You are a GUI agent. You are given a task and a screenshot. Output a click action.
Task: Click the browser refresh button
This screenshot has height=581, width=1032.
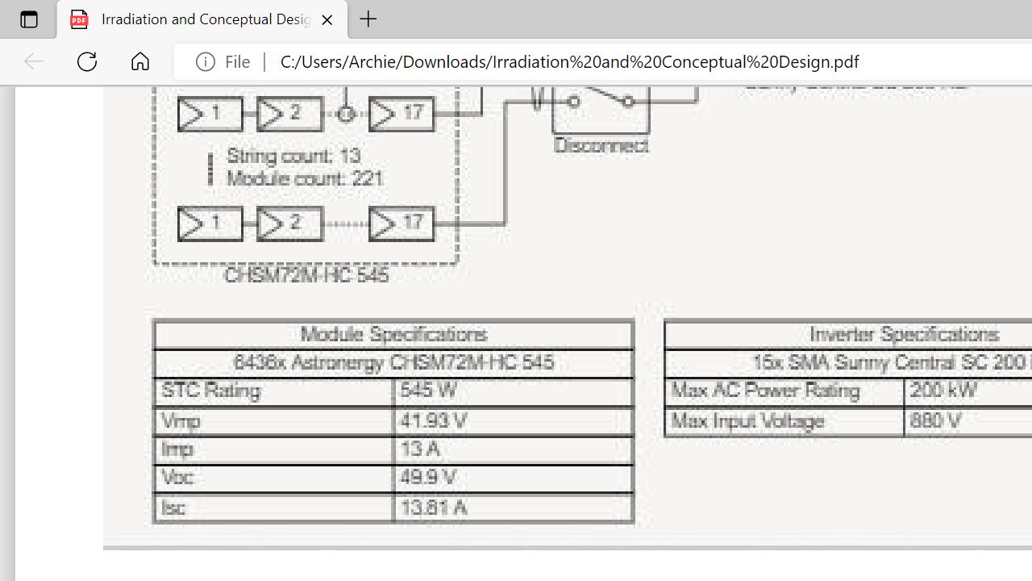(87, 61)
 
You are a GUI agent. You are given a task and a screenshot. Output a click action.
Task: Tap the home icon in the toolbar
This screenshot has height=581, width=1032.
(140, 61)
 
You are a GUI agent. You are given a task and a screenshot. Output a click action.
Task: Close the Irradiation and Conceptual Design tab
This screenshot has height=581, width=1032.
(327, 19)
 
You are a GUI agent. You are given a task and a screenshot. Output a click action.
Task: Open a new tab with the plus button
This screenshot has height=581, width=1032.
(368, 19)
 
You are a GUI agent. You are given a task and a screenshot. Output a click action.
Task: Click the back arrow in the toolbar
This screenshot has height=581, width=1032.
(33, 61)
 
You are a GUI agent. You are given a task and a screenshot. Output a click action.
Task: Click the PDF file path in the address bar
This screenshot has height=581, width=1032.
(569, 62)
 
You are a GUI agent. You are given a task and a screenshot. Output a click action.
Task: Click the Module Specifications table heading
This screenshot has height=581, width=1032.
(393, 334)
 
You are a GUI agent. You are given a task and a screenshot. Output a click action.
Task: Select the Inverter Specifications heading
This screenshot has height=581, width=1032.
(904, 334)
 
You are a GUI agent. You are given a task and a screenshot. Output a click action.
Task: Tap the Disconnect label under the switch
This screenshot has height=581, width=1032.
(601, 146)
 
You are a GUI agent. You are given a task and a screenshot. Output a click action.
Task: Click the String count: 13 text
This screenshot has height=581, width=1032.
(293, 156)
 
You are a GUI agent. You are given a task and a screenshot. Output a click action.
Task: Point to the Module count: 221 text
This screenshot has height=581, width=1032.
(305, 178)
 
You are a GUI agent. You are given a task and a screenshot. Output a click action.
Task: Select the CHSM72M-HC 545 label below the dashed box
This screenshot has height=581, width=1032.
(306, 275)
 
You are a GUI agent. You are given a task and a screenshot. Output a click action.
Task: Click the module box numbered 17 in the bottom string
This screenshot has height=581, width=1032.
(402, 224)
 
